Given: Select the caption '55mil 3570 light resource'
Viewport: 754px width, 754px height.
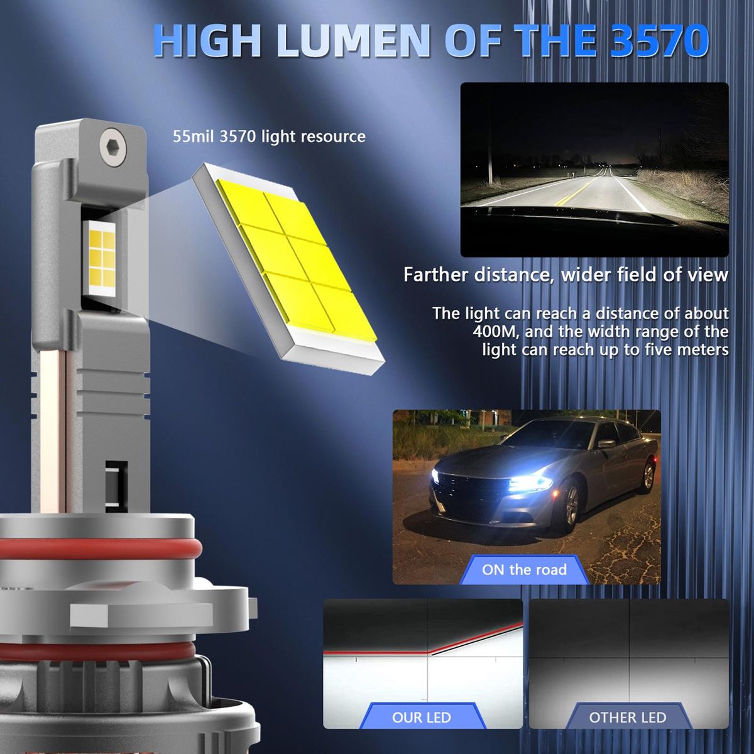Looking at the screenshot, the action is [269, 136].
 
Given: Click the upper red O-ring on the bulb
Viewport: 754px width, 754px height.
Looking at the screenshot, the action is [97, 550].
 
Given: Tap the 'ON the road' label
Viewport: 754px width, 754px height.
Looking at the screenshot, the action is [524, 569].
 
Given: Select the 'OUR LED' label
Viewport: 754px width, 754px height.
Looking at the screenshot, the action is [422, 717].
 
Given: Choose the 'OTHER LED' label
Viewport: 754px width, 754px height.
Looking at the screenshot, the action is [628, 717].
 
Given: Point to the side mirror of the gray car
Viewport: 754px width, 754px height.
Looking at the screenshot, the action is [606, 445].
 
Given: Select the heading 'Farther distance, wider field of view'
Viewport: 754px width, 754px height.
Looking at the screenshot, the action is [565, 275].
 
